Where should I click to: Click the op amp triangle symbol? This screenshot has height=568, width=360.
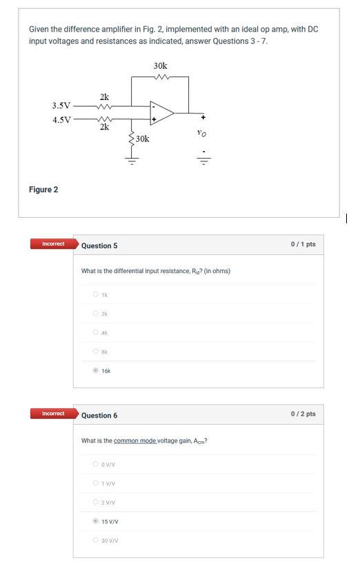[162, 112]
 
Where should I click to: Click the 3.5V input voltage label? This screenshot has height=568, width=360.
[61, 105]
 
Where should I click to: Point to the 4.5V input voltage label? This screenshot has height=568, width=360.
[61, 119]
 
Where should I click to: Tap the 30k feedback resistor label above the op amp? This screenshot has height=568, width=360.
[160, 66]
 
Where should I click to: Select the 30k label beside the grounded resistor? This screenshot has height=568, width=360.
[142, 139]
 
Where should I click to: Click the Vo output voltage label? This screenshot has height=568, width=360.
[201, 133]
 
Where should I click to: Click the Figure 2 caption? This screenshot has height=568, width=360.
[43, 190]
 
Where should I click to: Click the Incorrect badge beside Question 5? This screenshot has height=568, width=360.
[53, 244]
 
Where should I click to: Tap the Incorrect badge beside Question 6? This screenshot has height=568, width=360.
[53, 414]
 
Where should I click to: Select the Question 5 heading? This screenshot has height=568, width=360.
[99, 246]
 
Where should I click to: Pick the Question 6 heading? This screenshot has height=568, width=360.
[99, 416]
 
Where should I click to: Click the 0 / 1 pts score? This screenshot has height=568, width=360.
[303, 244]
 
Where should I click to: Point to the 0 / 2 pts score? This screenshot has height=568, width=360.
[303, 414]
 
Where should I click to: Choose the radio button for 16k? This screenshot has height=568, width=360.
[95, 370]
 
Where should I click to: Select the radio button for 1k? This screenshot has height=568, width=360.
[95, 294]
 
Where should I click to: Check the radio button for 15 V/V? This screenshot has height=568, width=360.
[95, 521]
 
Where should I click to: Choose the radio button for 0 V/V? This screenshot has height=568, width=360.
[95, 464]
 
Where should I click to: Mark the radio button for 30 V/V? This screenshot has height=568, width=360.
[95, 540]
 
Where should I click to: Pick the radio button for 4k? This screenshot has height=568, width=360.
[95, 332]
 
